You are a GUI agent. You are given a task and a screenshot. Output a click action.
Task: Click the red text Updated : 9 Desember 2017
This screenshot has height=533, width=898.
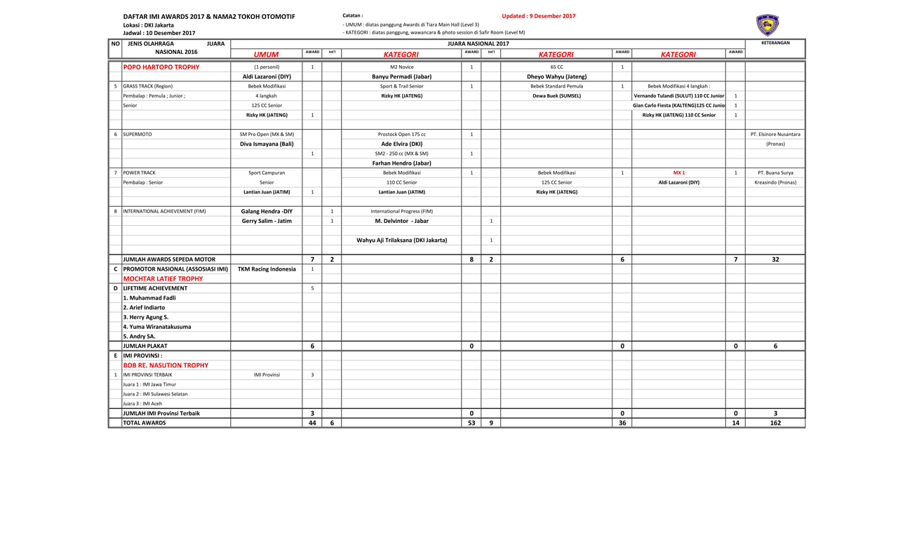[x=538, y=16]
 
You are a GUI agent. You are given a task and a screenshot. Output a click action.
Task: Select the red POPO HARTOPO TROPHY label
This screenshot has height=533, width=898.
[x=161, y=67]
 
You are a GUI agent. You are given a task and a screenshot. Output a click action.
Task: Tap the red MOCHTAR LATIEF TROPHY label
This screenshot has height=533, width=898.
[x=163, y=278]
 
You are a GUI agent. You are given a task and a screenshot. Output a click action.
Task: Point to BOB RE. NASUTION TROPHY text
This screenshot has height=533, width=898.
[x=166, y=365]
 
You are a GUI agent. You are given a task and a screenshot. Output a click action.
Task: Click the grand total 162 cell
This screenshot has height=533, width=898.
[x=775, y=423]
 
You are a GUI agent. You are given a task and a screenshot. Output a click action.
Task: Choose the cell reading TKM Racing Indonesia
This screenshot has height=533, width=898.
[x=267, y=269]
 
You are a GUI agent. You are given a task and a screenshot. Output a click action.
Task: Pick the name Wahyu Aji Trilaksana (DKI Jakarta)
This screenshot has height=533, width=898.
[x=401, y=240]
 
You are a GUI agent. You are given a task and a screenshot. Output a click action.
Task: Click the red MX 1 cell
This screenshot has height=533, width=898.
[x=678, y=173]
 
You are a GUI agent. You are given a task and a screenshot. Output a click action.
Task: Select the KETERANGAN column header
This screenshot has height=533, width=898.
[x=775, y=43]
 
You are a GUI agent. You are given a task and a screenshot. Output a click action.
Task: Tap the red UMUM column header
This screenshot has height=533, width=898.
[x=267, y=54]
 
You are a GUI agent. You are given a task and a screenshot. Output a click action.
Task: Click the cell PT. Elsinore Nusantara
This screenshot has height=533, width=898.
[x=775, y=134]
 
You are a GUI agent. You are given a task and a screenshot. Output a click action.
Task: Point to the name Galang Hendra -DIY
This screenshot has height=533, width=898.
[x=267, y=211]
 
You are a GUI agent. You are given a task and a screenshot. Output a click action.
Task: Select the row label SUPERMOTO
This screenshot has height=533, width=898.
[x=138, y=134]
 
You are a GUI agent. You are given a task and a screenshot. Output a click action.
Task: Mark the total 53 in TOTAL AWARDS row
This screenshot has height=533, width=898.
[x=471, y=423]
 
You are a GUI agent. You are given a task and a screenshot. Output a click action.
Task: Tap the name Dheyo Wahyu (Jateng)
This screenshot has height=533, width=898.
[x=556, y=76]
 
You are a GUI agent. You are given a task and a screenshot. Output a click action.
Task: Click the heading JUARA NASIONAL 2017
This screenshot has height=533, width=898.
[x=478, y=43]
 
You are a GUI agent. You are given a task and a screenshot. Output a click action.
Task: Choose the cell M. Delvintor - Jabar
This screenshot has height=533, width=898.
[x=401, y=221]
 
